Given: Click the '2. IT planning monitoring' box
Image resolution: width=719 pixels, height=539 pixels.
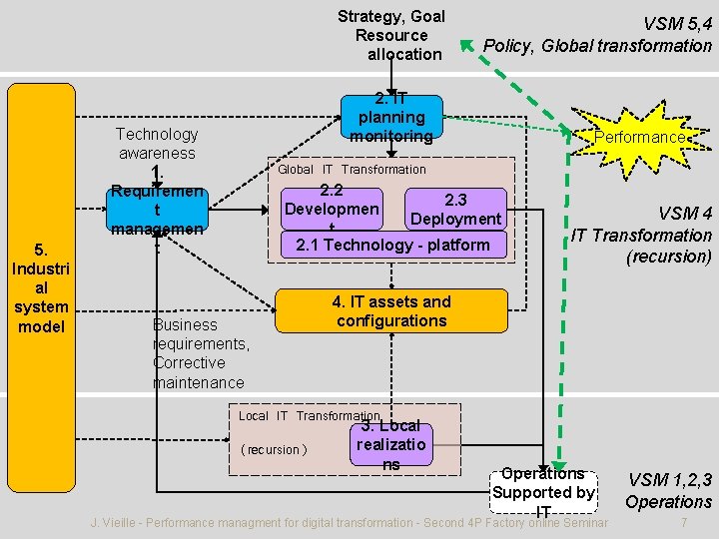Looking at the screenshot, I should click(x=391, y=118).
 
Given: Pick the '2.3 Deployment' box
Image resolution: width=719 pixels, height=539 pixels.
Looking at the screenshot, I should click(x=455, y=210).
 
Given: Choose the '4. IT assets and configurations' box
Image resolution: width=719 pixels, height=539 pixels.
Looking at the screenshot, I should click(x=391, y=311).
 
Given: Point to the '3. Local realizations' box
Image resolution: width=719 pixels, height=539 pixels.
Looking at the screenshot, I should click(x=391, y=444).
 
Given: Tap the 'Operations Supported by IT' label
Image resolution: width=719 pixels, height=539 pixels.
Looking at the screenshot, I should click(x=543, y=492).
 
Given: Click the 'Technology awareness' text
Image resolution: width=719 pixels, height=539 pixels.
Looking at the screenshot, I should click(x=157, y=144).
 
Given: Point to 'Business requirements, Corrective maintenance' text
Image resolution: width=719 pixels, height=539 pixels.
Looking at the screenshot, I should click(x=201, y=353).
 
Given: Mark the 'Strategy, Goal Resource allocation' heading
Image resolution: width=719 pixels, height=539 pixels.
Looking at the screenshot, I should click(x=391, y=35).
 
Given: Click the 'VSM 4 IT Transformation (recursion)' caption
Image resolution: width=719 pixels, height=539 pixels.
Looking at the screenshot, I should click(x=641, y=236).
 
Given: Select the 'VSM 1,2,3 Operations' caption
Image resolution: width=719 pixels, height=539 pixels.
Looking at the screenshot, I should click(x=668, y=491).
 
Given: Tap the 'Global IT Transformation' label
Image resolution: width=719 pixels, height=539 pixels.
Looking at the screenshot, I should click(x=352, y=170).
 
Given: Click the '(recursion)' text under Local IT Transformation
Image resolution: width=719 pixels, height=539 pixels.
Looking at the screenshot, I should click(x=274, y=449).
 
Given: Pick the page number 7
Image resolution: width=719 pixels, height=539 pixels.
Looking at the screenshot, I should click(x=682, y=523).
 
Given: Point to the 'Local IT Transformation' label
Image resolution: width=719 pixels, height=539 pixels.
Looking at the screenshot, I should click(x=309, y=416).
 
